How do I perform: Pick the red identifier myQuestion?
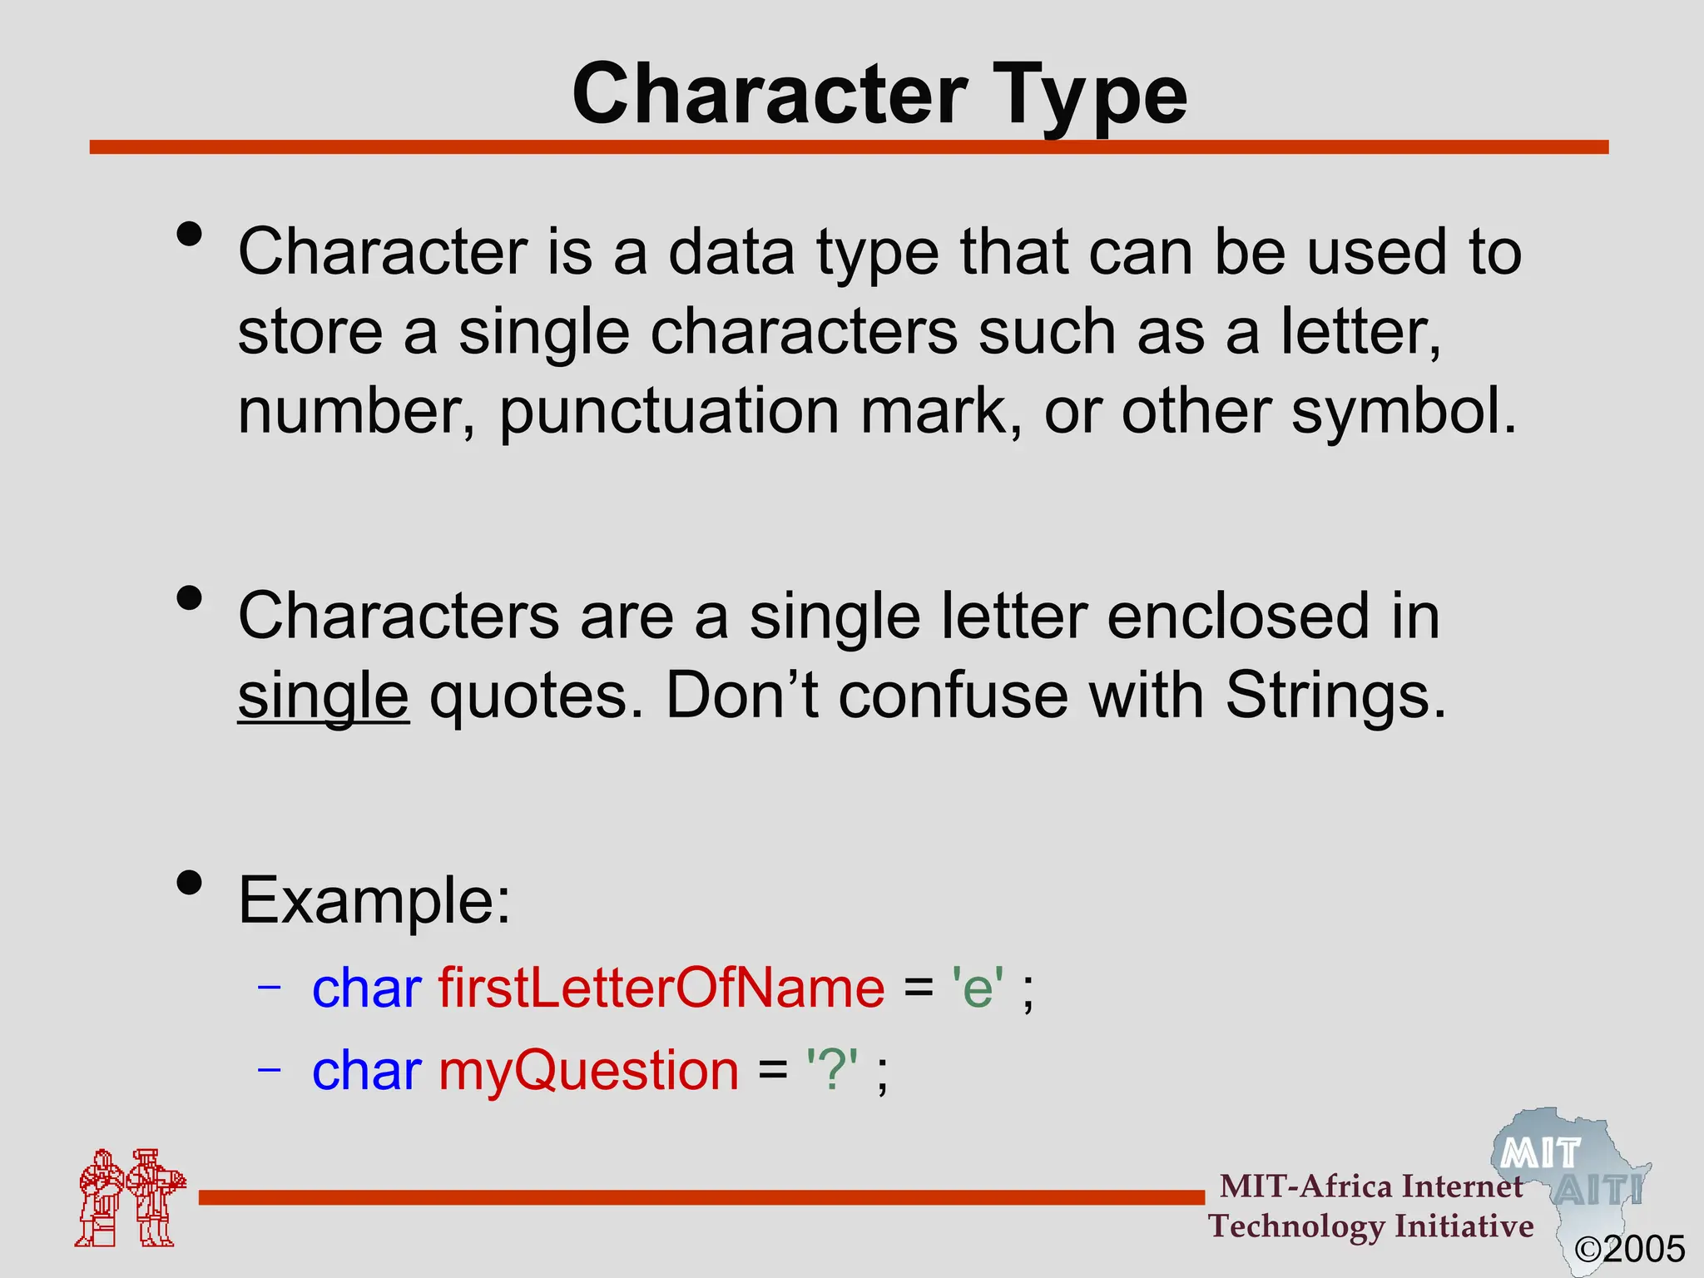coord(588,1070)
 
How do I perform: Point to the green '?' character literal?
coord(832,1070)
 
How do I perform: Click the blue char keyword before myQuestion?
coord(366,1070)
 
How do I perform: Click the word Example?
coord(374,900)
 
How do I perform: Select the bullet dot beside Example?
coord(190,882)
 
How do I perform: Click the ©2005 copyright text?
coord(1630,1249)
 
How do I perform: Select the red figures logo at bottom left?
coord(130,1197)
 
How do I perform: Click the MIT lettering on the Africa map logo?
coord(1540,1154)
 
